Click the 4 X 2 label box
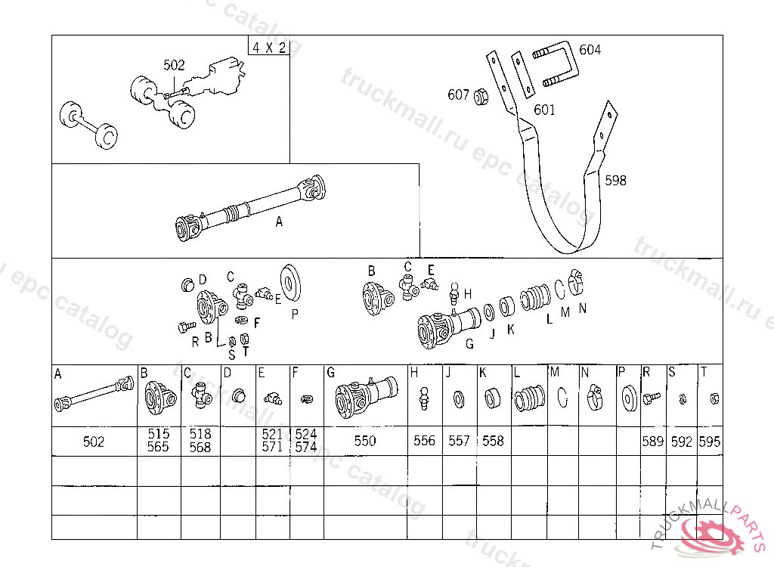tap(268, 47)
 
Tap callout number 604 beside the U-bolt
tap(590, 50)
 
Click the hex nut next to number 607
tap(481, 97)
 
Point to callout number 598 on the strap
tap(615, 180)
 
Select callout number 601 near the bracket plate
tap(544, 110)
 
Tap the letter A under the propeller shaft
tap(279, 222)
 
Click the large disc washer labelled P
tap(290, 283)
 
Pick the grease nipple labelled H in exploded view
tap(454, 293)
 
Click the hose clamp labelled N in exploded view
tap(575, 283)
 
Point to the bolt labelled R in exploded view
tap(187, 326)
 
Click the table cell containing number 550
tap(366, 441)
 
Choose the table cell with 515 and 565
tap(159, 441)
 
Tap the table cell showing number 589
tap(653, 441)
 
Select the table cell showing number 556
tap(425, 441)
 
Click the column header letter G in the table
tap(331, 373)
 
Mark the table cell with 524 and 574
tap(307, 441)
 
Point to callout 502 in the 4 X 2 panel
tap(174, 65)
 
